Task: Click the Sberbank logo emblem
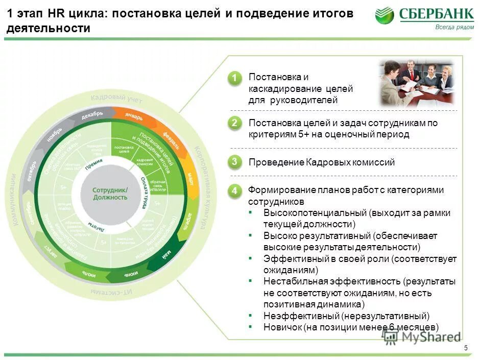385,15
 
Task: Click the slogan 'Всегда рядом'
454,28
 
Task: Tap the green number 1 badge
234,78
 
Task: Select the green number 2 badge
234,123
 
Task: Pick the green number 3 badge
234,162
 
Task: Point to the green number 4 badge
234,190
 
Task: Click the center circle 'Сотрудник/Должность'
110,193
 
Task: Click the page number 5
466,348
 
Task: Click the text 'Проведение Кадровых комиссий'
322,162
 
